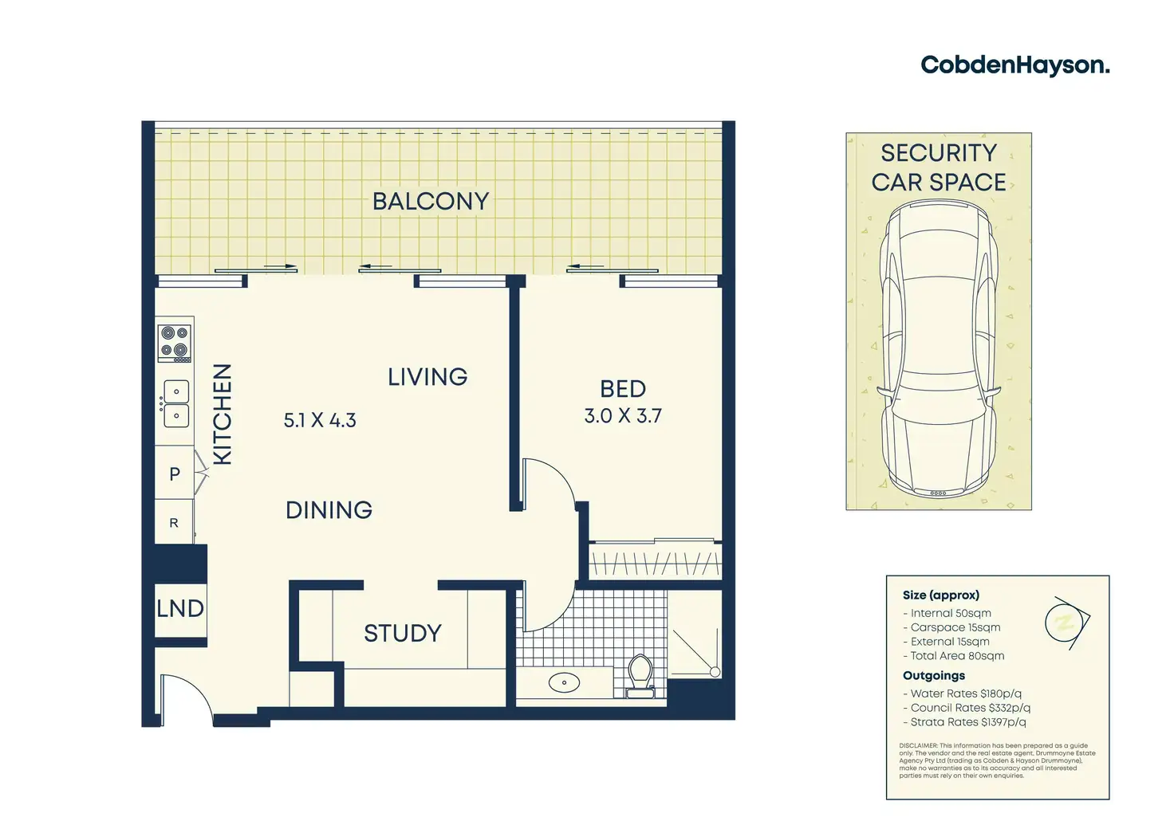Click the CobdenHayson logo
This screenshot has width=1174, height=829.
tap(1014, 65)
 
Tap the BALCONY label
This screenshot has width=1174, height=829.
tap(431, 202)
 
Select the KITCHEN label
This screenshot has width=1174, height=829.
tap(223, 414)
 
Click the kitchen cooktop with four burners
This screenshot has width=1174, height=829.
tap(175, 343)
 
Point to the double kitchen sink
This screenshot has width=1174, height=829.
tap(176, 403)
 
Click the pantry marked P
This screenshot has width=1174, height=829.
tap(175, 474)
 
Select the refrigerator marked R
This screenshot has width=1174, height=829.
tap(174, 524)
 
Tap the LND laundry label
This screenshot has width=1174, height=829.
tap(180, 609)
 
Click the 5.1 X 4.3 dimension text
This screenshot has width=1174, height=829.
tap(320, 420)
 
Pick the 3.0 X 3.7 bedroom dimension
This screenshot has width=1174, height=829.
tap(623, 416)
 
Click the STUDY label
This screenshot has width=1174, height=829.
tap(403, 634)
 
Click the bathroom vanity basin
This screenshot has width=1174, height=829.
tap(565, 682)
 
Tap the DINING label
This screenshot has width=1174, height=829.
tap(329, 510)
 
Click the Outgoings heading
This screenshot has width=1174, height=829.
tap(934, 676)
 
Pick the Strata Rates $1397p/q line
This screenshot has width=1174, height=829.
tap(968, 722)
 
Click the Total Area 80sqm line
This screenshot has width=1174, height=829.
tap(957, 656)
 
